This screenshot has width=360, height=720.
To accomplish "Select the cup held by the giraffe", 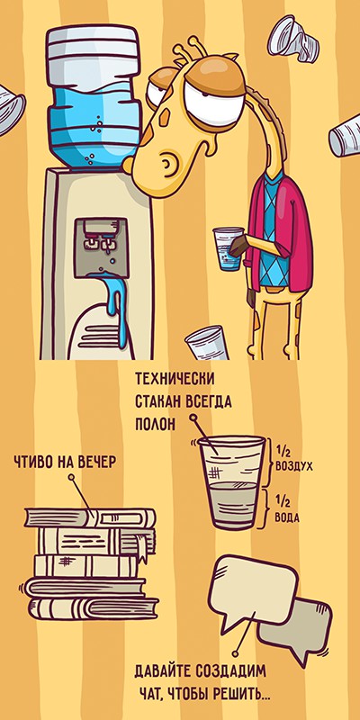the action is coord(228,248).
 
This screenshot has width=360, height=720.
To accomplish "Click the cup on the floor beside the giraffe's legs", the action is coord(207,343).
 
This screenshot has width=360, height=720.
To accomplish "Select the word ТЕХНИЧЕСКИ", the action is coord(175,380).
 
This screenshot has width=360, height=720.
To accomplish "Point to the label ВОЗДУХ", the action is coord(294,466).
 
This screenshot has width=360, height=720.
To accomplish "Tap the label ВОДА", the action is coord(287,518).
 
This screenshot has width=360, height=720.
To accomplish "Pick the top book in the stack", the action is coord(90,517).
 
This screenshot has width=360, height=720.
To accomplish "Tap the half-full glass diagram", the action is coord(232,482).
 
